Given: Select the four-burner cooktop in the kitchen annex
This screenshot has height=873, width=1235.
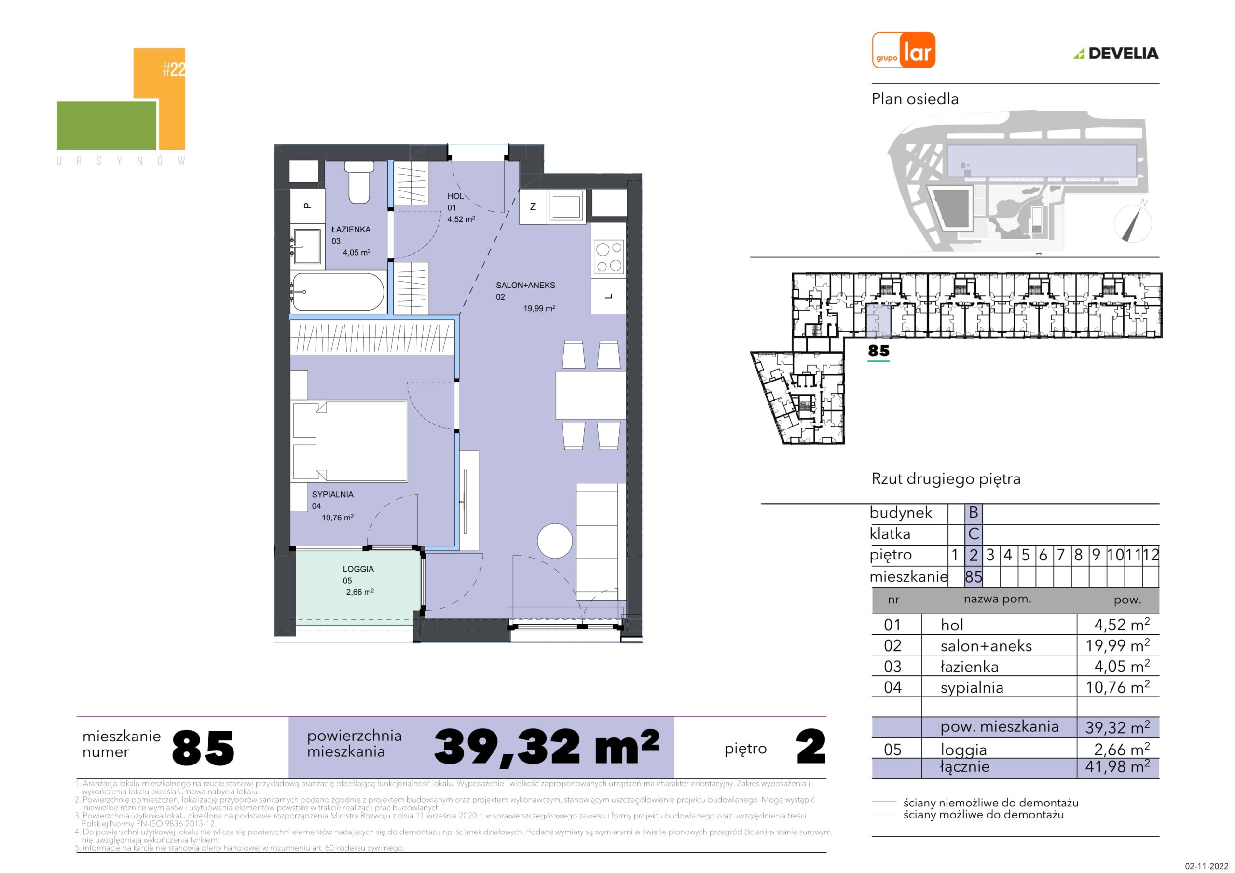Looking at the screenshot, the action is [608, 257].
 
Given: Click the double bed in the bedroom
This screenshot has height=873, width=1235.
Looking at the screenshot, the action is [350, 440].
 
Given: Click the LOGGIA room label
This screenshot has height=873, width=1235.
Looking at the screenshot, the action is [358, 569].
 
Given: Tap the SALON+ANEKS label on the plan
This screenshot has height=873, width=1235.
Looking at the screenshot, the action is [525, 285].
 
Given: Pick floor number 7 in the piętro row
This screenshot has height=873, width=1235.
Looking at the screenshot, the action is [1060, 555].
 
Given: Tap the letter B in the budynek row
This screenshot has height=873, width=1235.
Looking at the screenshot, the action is [973, 513].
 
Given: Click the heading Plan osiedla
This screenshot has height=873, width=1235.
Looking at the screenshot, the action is [915, 99].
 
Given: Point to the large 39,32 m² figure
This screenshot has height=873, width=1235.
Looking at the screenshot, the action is [547, 748].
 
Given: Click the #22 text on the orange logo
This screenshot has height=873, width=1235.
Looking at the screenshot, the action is [174, 70].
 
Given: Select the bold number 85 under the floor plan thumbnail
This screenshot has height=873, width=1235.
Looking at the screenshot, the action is [878, 351].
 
